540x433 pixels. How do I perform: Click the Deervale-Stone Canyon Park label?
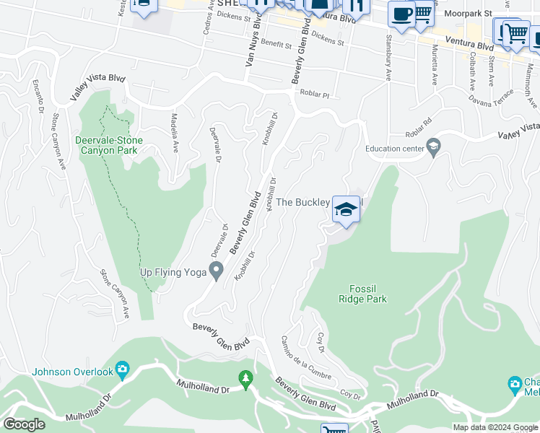pos(109,145)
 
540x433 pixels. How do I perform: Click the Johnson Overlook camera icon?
pos(122,372)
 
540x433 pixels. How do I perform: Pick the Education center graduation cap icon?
pos(433,149)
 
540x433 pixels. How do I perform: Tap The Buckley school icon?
pos(346,210)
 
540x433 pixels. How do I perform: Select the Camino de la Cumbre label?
pos(306,359)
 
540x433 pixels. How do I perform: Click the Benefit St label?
pos(276,45)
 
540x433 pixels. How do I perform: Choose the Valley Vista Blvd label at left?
pos(98,87)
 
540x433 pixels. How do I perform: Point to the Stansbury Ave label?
pos(388,56)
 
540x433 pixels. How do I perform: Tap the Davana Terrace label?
pos(491,97)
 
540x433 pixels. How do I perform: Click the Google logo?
pos(24,424)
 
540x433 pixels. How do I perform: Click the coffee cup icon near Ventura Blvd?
pos(401,14)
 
